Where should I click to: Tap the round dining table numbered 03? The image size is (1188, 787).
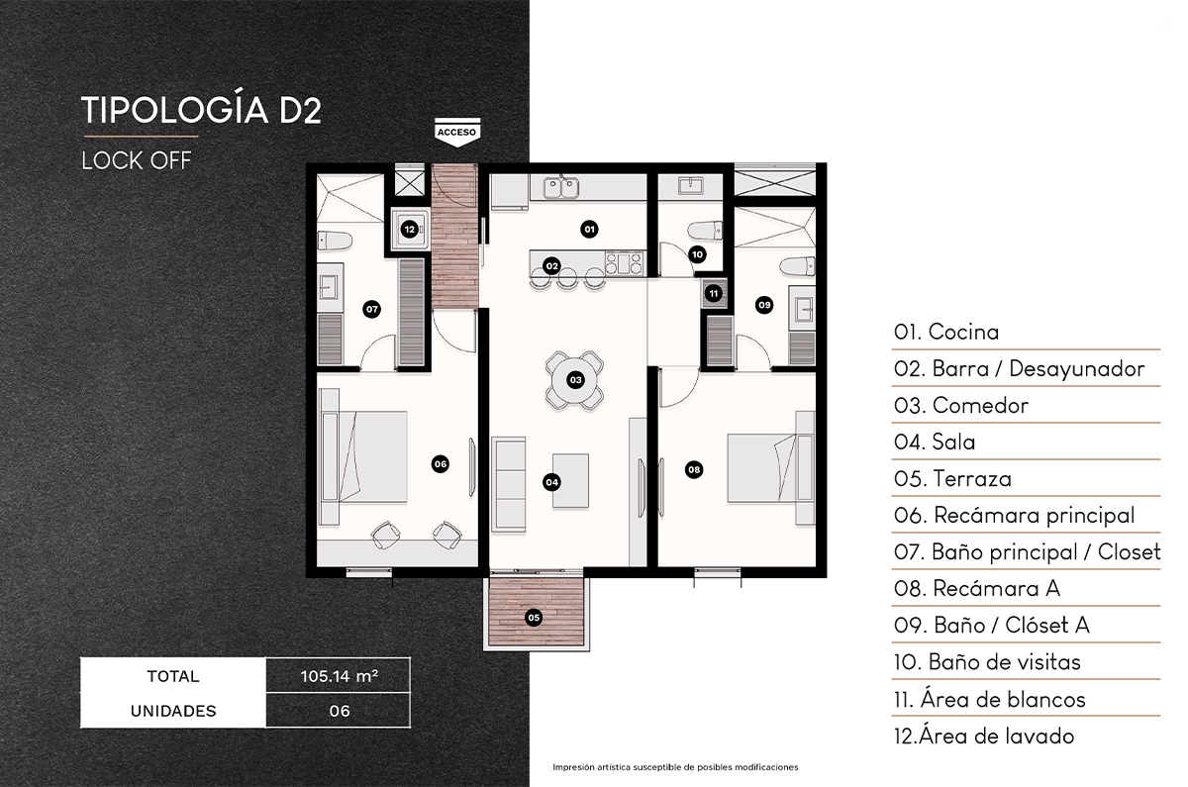574,379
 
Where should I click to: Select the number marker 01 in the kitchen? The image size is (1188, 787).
589,230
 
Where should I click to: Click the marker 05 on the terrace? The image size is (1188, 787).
534,618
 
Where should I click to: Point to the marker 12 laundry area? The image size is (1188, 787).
410,230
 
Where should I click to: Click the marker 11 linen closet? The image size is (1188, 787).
713,293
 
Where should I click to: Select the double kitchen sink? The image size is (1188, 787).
560,186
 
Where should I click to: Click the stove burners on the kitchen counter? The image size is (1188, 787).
625,264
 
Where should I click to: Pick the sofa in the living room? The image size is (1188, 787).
509,482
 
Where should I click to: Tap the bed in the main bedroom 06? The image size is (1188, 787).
364,457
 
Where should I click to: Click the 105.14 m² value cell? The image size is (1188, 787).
338,677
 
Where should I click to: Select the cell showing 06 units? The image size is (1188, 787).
338,711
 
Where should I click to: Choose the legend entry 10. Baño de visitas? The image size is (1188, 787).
987,662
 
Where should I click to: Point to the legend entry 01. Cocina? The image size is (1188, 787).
946,333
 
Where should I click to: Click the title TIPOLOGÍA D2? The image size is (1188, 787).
201,110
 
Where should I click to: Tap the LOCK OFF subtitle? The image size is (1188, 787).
136,160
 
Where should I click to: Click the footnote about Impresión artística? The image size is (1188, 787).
674,767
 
